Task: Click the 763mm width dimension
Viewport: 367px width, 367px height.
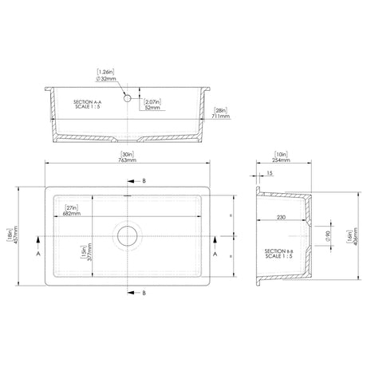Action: [125, 160]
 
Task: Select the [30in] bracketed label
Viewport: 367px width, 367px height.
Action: [125, 154]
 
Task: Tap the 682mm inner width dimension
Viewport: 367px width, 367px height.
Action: [73, 213]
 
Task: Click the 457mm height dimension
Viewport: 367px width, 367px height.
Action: [15, 236]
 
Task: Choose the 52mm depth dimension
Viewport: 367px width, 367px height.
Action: [154, 108]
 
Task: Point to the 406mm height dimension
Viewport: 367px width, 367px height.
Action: [353, 237]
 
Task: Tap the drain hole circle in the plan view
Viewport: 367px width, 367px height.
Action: [127, 235]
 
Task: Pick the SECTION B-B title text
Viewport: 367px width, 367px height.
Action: [281, 255]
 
